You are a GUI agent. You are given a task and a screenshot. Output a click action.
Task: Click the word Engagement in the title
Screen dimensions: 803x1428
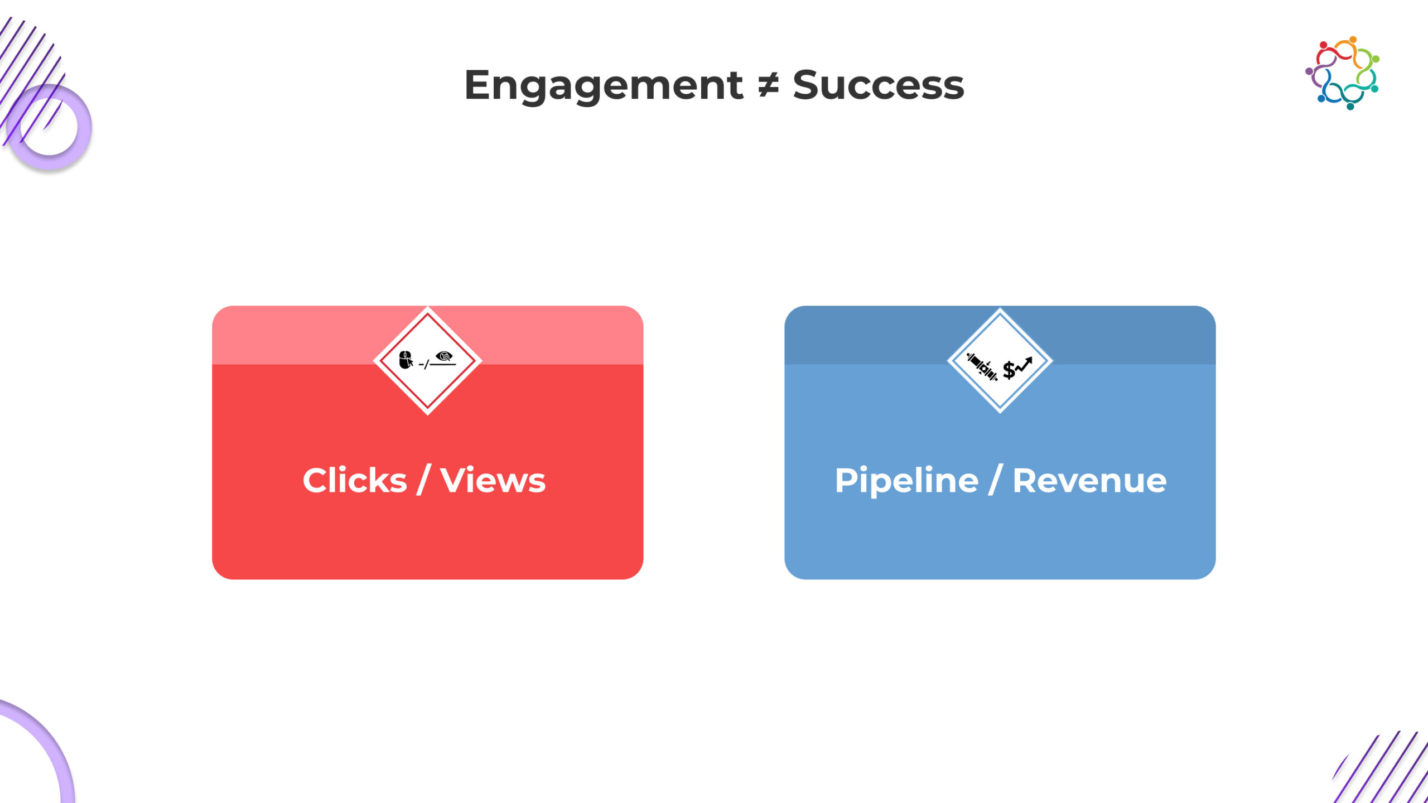604,85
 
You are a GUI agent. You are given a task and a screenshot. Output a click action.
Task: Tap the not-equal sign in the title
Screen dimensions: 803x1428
768,85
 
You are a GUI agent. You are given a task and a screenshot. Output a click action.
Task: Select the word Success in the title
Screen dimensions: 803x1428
878,85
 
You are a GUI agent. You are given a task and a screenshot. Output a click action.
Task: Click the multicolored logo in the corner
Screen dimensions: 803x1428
1342,73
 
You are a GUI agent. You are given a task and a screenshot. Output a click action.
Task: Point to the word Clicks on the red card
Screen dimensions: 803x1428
355,480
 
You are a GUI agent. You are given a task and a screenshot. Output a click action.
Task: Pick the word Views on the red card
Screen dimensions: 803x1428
493,480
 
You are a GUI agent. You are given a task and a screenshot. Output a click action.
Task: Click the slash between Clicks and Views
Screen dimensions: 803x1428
423,480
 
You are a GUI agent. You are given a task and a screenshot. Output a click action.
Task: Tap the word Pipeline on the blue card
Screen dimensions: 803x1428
906,480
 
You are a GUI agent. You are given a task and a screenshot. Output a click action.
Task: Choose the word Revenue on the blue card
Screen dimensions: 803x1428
1089,480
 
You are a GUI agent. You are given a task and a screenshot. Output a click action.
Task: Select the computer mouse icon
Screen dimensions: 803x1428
406,360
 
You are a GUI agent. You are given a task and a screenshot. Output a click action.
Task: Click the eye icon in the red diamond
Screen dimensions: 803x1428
444,356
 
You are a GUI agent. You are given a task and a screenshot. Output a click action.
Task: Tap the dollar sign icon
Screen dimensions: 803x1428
1009,370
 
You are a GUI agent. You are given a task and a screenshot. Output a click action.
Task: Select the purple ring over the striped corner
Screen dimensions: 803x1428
49,127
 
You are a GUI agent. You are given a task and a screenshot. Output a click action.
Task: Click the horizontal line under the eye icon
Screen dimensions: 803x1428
443,365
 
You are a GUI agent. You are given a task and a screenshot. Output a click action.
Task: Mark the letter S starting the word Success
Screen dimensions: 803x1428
806,85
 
